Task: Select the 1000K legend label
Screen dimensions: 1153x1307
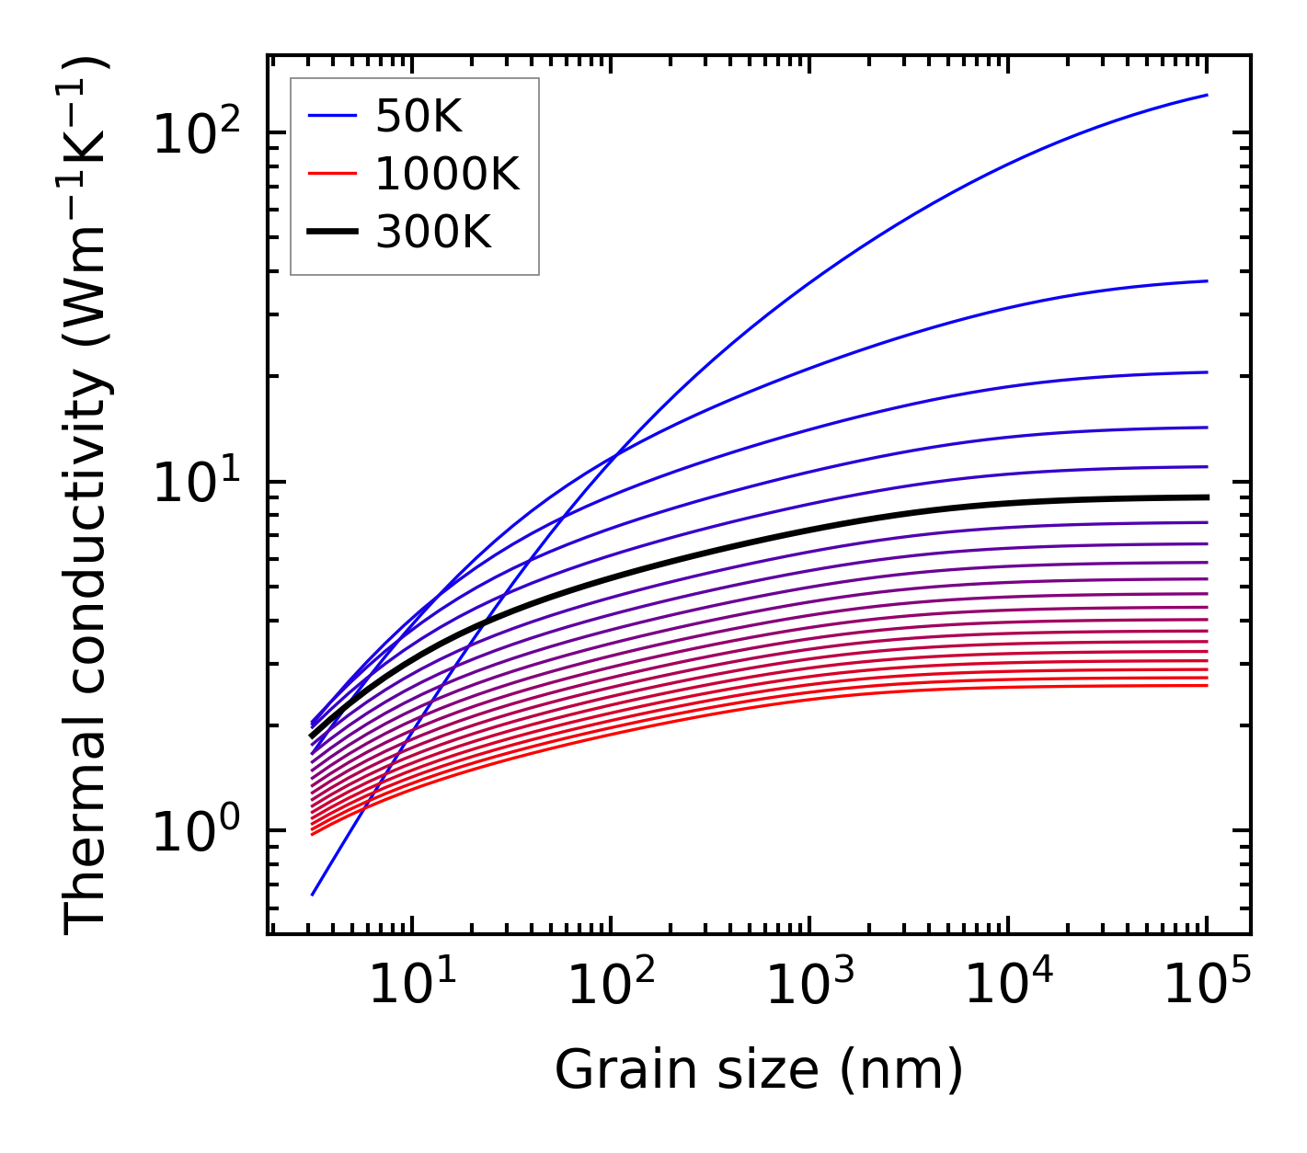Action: (447, 174)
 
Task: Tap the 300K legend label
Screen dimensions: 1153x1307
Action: (433, 233)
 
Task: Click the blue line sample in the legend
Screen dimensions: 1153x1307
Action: (331, 116)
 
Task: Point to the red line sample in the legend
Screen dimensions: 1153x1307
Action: (331, 174)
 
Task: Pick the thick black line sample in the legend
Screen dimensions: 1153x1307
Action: (331, 233)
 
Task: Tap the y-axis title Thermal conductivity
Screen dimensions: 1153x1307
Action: (87, 497)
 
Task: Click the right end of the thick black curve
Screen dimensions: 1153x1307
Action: (1206, 497)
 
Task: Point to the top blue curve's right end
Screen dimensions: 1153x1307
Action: (1206, 95)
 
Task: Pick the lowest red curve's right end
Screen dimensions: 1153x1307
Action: (1206, 685)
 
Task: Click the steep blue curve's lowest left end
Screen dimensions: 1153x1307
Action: (313, 894)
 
